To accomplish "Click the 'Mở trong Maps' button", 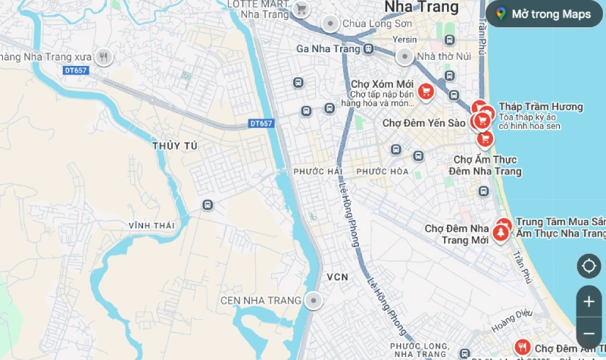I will [544, 14].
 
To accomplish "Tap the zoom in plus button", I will [589, 301].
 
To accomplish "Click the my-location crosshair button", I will [589, 266].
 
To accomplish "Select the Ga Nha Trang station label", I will [328, 49].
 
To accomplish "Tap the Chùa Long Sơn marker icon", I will [330, 23].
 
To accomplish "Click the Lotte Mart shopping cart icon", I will [301, 9].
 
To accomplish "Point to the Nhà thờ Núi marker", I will [405, 56].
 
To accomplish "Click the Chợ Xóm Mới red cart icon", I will [426, 92].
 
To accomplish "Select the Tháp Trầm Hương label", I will [540, 107].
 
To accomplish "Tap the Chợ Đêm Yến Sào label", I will [423, 123].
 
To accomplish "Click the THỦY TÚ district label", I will [174, 146].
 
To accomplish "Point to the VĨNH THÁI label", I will [151, 226].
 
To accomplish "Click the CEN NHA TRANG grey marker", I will [313, 301].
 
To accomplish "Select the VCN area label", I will [337, 277].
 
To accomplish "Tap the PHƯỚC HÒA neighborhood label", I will [383, 172].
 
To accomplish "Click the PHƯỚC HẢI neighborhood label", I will [317, 172].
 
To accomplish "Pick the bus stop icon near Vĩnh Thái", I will [207, 205].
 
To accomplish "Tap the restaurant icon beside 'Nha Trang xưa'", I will [105, 57].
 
